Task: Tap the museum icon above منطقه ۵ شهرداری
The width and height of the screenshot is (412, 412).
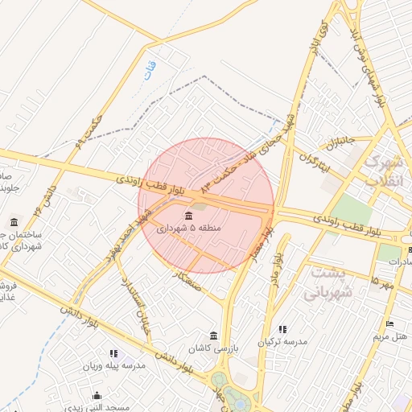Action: click(188, 216)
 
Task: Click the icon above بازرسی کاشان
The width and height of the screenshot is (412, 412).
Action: click(213, 335)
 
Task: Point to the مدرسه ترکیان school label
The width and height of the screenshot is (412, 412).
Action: click(282, 342)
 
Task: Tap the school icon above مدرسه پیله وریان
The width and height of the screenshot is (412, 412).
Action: click(113, 352)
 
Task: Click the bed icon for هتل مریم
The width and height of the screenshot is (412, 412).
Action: click(390, 323)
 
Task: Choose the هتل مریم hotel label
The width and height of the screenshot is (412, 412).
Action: click(391, 336)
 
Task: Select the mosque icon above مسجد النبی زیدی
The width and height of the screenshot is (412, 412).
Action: click(97, 395)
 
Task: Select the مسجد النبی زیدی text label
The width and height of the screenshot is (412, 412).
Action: click(98, 407)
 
